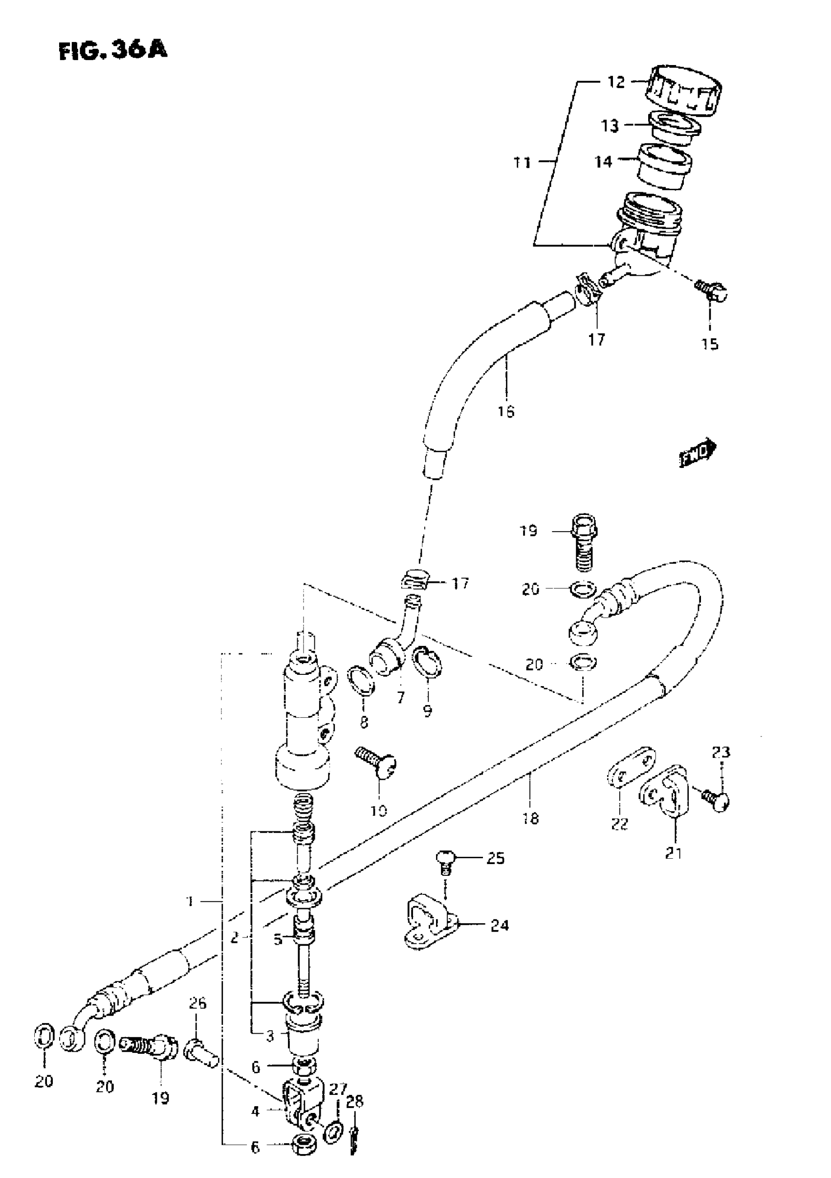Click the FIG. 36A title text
pos(113,51)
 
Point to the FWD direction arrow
pos(698,452)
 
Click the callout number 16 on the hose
pos(506,411)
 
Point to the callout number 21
pos(674,853)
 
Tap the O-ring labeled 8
pos(362,681)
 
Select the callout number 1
pos(190,901)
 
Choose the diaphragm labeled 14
pos(665,167)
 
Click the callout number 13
pos(610,126)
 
